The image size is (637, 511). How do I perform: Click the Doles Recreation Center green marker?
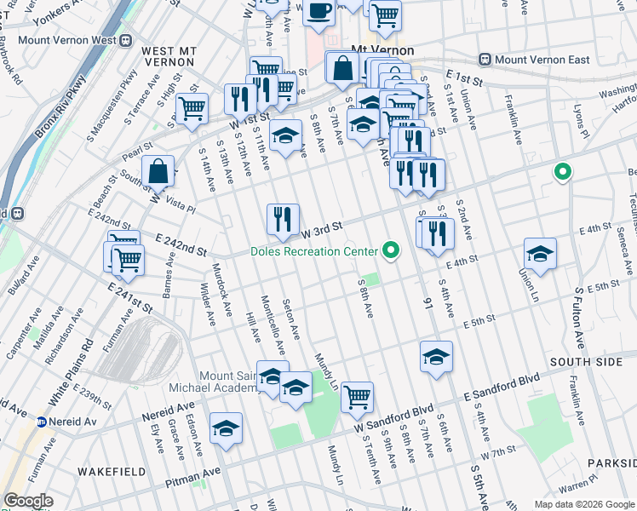[x=391, y=250]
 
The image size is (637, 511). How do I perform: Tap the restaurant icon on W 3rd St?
[x=283, y=220]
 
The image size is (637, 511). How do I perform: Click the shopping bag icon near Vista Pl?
[x=158, y=170]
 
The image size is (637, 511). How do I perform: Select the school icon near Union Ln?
[x=540, y=253]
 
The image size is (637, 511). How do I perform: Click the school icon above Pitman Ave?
[x=226, y=428]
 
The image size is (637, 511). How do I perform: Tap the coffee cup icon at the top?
[x=319, y=12]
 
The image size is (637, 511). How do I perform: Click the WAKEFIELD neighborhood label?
[x=107, y=471]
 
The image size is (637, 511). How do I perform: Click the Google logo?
[x=28, y=501]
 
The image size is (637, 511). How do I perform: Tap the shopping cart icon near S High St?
[x=192, y=108]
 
